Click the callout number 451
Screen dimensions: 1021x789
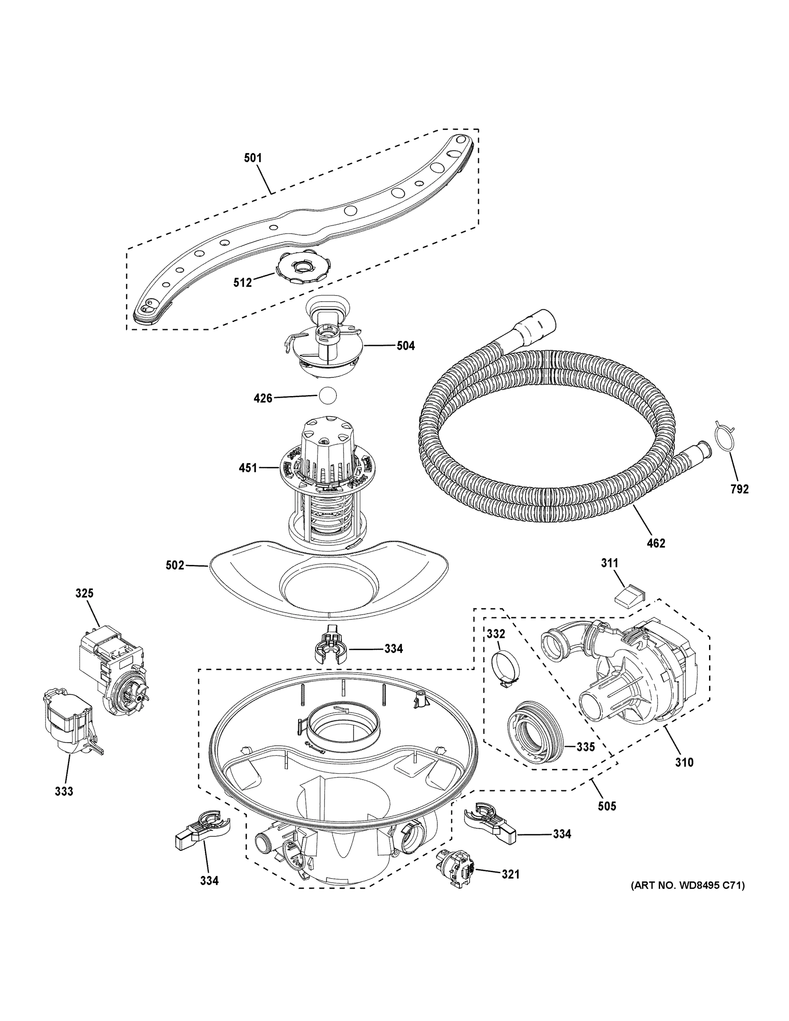[x=248, y=468]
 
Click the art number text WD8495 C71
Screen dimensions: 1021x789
[x=688, y=885]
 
